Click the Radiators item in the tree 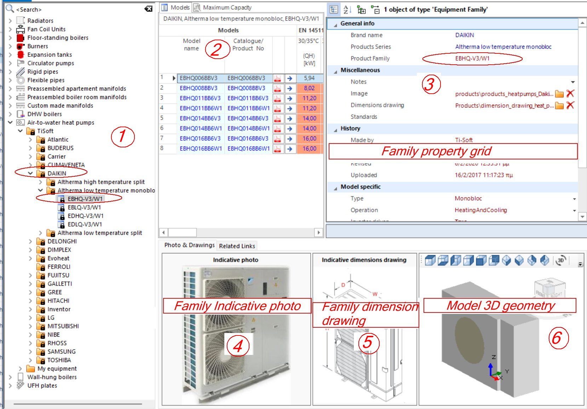pyautogui.click(x=40, y=21)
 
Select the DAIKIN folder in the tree pyautogui.click(x=57, y=174)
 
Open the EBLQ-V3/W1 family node pyautogui.click(x=84, y=208)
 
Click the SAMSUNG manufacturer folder pyautogui.click(x=61, y=352)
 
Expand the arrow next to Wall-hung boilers pyautogui.click(x=10, y=377)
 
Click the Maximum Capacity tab pyautogui.click(x=226, y=7)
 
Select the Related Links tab pyautogui.click(x=237, y=246)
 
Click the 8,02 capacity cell pyautogui.click(x=309, y=88)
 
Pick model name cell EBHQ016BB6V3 pyautogui.click(x=200, y=139)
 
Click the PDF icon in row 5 pyautogui.click(x=278, y=118)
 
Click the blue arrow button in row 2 pyautogui.click(x=290, y=88)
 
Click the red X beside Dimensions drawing pyautogui.click(x=570, y=105)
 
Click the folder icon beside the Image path pyautogui.click(x=559, y=94)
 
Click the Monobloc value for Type pyautogui.click(x=468, y=199)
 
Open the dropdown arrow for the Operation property pyautogui.click(x=574, y=210)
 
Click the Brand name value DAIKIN pyautogui.click(x=464, y=35)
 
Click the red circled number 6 pyautogui.click(x=558, y=338)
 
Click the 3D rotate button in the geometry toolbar pyautogui.click(x=561, y=261)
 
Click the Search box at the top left pyautogui.click(x=78, y=10)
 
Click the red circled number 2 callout pyautogui.click(x=215, y=49)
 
